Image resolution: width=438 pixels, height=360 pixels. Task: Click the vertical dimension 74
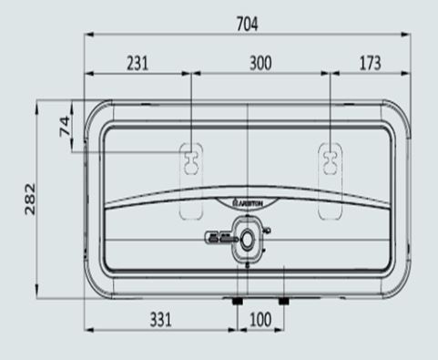pyautogui.click(x=64, y=126)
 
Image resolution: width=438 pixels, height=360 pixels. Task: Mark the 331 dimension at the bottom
pyautogui.click(x=160, y=320)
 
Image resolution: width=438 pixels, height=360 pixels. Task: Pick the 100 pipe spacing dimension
pyautogui.click(x=260, y=320)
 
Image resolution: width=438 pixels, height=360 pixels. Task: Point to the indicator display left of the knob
pyautogui.click(x=219, y=236)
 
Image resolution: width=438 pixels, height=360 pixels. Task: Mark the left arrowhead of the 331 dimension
pyautogui.click(x=89, y=333)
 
